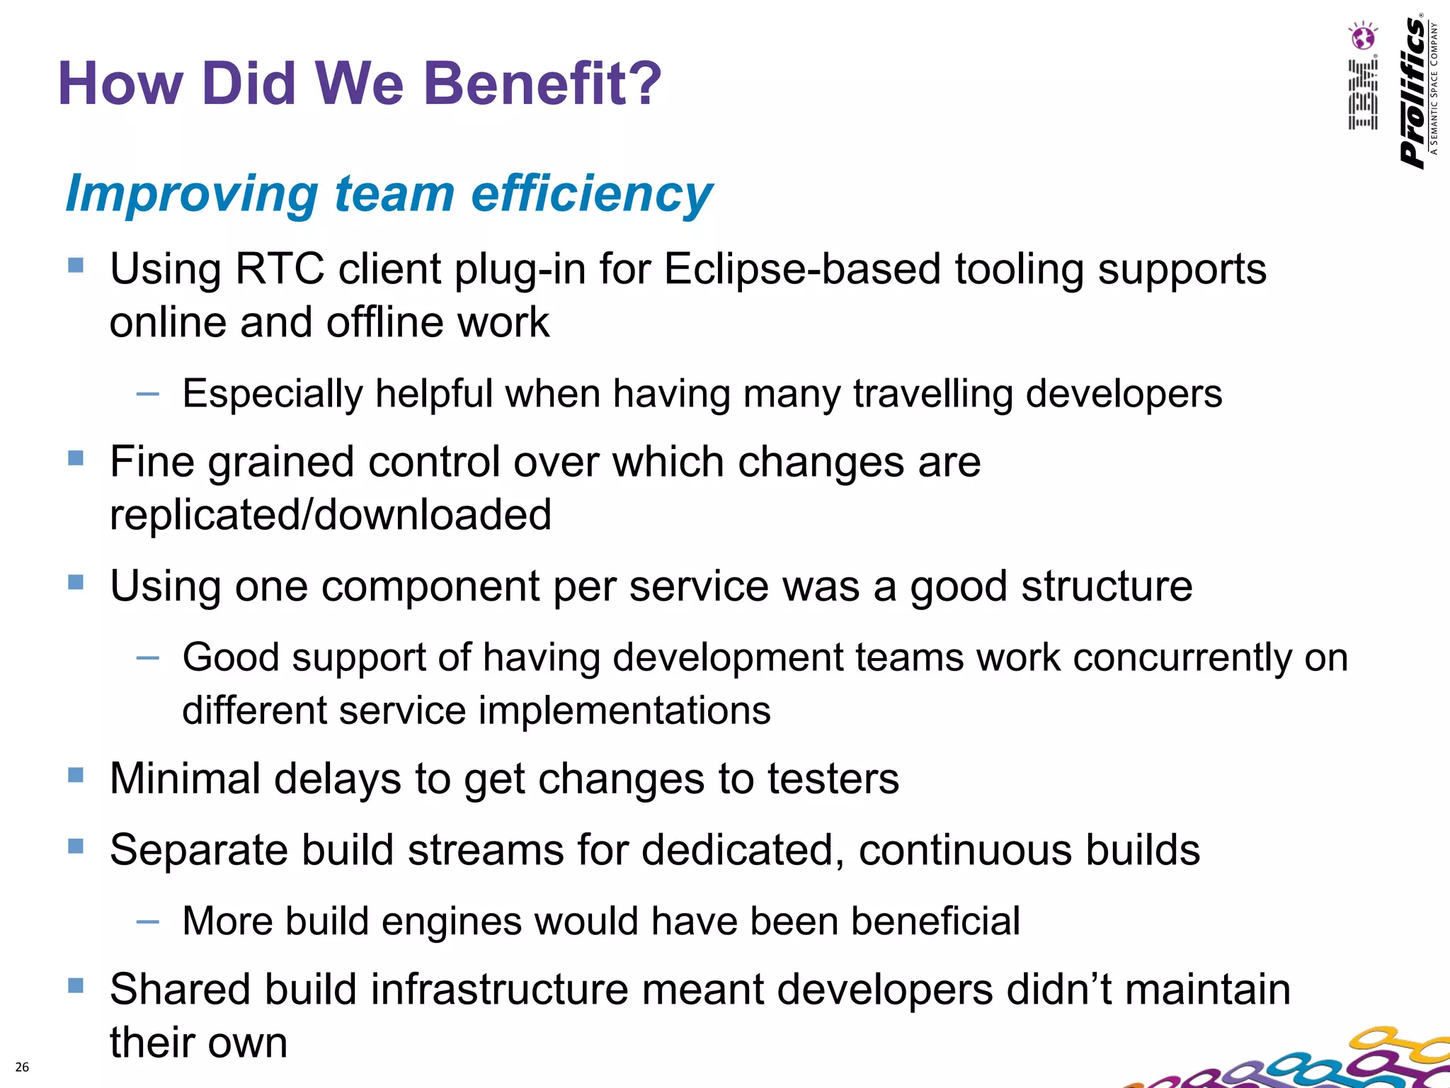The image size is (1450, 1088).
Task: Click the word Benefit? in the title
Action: pos(542,84)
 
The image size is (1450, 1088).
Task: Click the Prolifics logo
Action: pos(1415,92)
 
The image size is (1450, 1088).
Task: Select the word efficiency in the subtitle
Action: pos(591,194)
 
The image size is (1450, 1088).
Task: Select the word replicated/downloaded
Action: pos(331,515)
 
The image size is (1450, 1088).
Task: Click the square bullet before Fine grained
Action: pos(76,458)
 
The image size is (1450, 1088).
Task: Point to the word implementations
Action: pos(625,710)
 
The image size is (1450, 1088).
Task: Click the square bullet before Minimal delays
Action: pos(76,775)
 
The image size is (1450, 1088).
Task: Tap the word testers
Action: pos(833,779)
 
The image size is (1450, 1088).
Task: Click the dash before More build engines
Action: pos(147,922)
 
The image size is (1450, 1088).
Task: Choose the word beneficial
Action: pos(935,922)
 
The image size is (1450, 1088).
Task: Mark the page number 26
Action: pos(22,1067)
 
